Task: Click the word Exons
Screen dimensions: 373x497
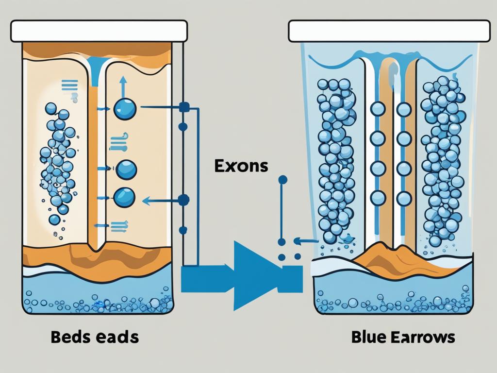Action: pyautogui.click(x=240, y=166)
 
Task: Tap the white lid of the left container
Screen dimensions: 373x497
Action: pyautogui.click(x=99, y=31)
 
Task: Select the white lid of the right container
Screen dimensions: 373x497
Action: pyautogui.click(x=389, y=31)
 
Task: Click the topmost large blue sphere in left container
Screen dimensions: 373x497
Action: pyautogui.click(x=125, y=108)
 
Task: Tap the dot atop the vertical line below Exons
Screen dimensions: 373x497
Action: pyautogui.click(x=283, y=180)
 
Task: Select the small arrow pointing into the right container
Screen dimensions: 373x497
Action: pyautogui.click(x=305, y=240)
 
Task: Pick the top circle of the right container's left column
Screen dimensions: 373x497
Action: pyautogui.click(x=378, y=109)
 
